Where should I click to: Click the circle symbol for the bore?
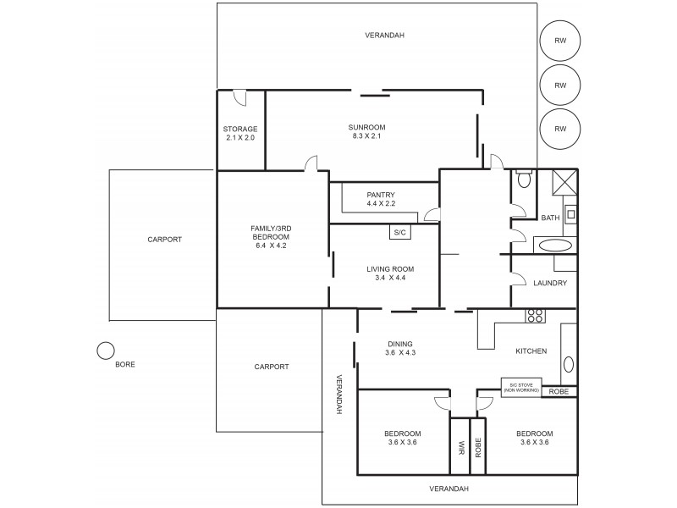[x=105, y=350]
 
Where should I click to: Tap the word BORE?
[x=124, y=364]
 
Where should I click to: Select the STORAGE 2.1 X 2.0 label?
[x=240, y=133]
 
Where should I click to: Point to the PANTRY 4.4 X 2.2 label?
[x=381, y=199]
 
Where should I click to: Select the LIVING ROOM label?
[x=390, y=273]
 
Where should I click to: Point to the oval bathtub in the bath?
[x=555, y=246]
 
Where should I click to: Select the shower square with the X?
[x=564, y=184]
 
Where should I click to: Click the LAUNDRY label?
[x=551, y=284]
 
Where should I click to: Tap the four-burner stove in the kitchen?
[x=535, y=317]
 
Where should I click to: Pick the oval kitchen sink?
[x=569, y=365]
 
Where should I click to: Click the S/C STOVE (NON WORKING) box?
[x=521, y=386]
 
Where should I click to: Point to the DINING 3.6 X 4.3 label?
[x=401, y=349]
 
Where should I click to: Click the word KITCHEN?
[x=531, y=351]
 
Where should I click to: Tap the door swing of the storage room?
[x=239, y=97]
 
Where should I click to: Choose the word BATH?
[x=551, y=218]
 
